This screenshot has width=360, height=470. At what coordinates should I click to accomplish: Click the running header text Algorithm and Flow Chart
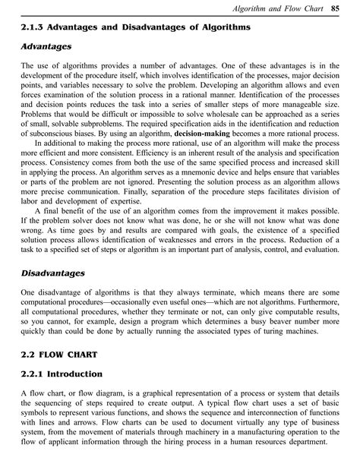pyautogui.click(x=285, y=8)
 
